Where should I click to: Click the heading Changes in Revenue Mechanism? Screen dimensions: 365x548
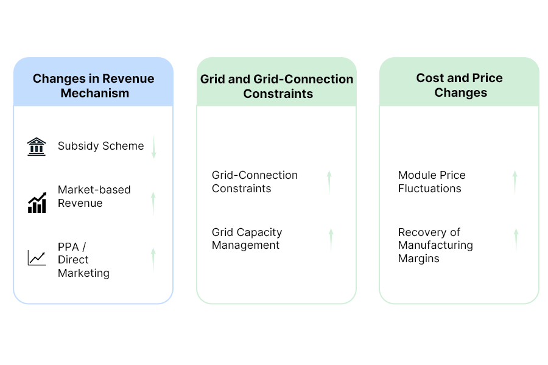coord(93,86)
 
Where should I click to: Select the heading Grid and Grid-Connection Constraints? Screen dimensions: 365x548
coord(277,86)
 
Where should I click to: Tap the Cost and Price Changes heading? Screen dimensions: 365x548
coord(460,85)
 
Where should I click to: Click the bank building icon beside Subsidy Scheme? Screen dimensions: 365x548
coord(37,147)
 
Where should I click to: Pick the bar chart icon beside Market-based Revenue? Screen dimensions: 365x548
coord(37,203)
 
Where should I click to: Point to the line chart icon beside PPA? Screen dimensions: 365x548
coord(37,257)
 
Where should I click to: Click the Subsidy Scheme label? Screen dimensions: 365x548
coord(101,146)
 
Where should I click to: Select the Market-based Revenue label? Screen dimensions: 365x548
coord(94,196)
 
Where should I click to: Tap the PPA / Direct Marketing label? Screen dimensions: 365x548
coord(83,260)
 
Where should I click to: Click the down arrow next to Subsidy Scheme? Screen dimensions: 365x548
coord(153,147)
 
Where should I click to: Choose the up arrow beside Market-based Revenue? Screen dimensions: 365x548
coord(153,203)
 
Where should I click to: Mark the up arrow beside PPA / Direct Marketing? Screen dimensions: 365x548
coord(153,259)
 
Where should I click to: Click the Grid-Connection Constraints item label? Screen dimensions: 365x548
coord(255,182)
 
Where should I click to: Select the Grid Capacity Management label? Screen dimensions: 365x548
coord(247,238)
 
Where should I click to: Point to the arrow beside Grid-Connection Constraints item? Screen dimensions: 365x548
coord(329,182)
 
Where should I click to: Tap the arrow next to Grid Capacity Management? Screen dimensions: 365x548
coord(331,239)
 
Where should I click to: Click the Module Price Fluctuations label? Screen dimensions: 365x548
coord(432,182)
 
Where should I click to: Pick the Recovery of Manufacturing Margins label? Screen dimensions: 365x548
coord(435,245)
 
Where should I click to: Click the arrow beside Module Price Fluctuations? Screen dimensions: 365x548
coord(515,182)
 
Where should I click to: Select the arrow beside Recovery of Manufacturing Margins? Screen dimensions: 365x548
coord(516,240)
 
